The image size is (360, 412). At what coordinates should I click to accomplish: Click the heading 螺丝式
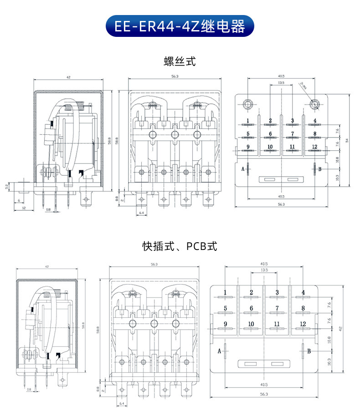[x=180, y=61]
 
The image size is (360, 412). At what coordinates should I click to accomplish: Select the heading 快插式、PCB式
[x=180, y=246]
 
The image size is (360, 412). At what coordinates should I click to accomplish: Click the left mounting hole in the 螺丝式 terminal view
[x=248, y=104]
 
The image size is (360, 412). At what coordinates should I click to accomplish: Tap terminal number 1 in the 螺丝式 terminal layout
[x=248, y=121]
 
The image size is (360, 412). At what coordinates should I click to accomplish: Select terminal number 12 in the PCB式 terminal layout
[x=303, y=323]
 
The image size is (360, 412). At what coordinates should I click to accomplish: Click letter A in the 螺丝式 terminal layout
[x=243, y=169]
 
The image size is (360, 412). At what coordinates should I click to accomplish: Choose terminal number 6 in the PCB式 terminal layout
[x=251, y=308]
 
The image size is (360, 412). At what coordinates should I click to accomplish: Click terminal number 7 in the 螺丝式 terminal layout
[x=292, y=134]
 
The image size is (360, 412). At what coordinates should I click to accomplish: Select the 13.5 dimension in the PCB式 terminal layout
[x=264, y=270]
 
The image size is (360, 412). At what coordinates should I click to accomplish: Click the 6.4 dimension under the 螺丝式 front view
[x=141, y=213]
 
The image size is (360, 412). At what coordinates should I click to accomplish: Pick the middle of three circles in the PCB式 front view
[x=154, y=323]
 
